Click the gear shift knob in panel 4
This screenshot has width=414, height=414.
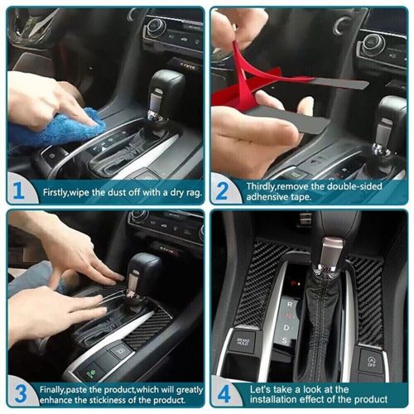tap(330, 253)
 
